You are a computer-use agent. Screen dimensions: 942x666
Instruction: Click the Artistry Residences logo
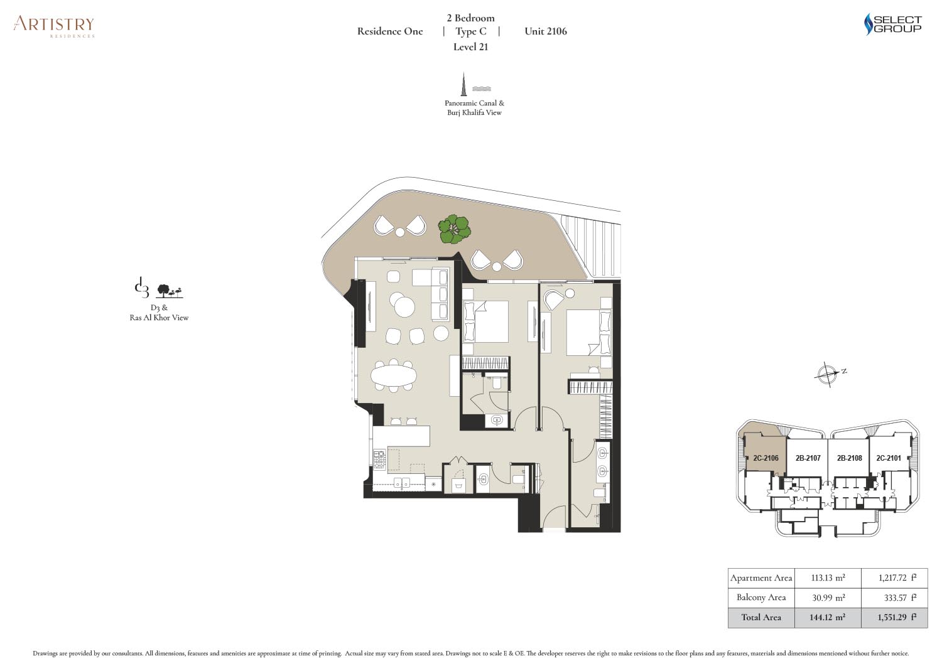tap(53, 27)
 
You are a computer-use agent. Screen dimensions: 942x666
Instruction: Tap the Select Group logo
tap(892, 24)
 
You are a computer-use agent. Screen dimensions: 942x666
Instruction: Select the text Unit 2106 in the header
tap(546, 31)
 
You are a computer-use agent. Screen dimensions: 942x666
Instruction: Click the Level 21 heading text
tap(470, 47)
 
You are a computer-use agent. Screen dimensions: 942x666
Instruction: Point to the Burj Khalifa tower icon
tap(464, 84)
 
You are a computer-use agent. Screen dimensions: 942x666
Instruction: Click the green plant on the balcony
tap(454, 229)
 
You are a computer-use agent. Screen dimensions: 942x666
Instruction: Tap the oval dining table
tap(394, 375)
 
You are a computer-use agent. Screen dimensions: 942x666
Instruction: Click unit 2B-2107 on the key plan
tap(808, 458)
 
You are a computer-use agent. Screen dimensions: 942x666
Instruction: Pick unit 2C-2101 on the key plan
tap(888, 458)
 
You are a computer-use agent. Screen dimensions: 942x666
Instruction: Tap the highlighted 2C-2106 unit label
tap(766, 458)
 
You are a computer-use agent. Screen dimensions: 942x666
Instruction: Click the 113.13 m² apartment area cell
tap(828, 577)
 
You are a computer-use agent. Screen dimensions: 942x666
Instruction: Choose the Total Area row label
tap(761, 617)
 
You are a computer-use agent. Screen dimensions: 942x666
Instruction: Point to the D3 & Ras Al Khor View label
tap(159, 313)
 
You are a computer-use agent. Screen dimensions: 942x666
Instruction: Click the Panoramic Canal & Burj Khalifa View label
tap(474, 107)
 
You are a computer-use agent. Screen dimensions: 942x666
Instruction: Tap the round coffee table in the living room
tap(404, 306)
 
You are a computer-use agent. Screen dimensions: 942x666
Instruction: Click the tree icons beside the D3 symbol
tap(170, 291)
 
